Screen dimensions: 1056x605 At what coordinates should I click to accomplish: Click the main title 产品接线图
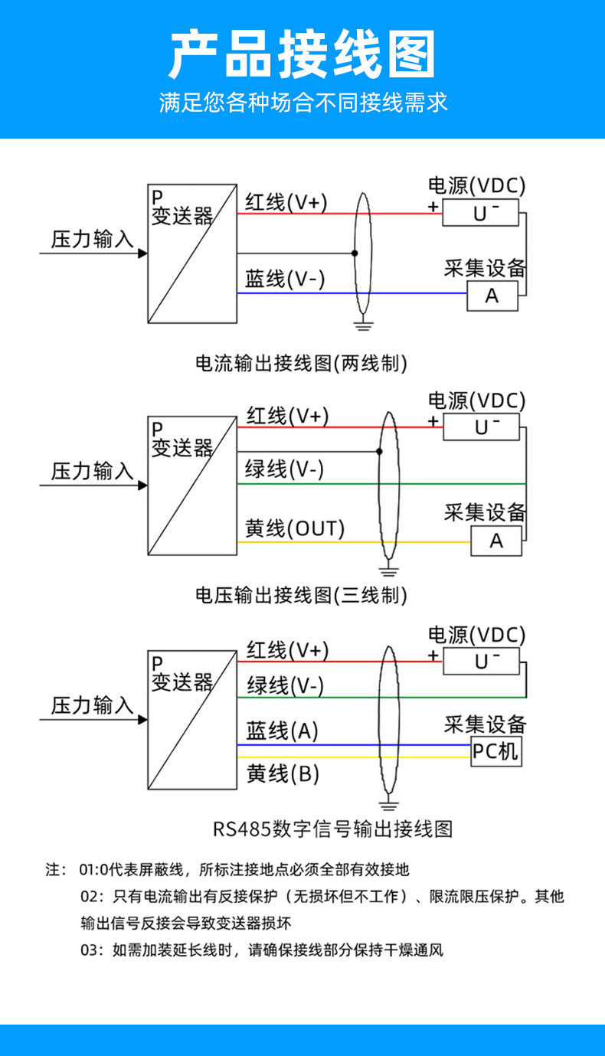point(302,55)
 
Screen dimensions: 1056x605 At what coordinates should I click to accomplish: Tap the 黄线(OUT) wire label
point(295,528)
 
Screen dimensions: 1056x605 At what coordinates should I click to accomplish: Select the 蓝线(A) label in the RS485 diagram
point(282,731)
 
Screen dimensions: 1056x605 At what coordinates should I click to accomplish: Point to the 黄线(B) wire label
point(283,774)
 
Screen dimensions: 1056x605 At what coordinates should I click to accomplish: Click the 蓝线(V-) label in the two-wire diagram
point(285,280)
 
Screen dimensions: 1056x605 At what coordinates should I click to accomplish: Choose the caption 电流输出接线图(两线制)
point(302,362)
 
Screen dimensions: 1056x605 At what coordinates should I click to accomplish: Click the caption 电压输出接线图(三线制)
point(302,594)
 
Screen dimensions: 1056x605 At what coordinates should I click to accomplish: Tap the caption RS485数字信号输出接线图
point(333,829)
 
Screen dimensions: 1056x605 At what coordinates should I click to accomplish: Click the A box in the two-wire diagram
point(492,296)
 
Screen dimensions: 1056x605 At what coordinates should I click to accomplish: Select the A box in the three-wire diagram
point(496,541)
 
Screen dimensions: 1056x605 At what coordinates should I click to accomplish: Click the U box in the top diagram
point(481,213)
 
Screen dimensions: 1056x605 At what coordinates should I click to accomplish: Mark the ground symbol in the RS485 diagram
point(390,804)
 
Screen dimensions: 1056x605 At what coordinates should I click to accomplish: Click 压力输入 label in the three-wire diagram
point(93,471)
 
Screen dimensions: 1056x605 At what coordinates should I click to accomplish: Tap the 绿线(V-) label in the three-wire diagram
point(284,469)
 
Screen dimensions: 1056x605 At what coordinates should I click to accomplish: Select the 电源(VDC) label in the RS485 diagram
point(476,635)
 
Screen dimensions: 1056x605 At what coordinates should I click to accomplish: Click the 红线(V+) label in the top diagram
point(286,202)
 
